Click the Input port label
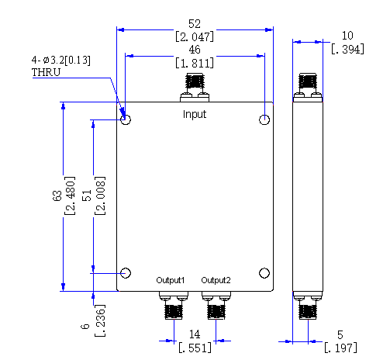click(x=195, y=114)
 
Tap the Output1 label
click(x=171, y=280)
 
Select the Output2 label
click(x=216, y=280)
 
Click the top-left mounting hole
click(x=126, y=119)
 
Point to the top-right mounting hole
click(x=264, y=119)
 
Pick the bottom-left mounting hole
click(x=126, y=273)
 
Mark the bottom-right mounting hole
click(x=264, y=273)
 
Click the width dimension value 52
click(x=195, y=24)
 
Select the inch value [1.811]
click(x=195, y=63)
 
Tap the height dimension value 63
click(x=57, y=196)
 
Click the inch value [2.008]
click(x=100, y=196)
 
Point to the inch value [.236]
click(x=100, y=320)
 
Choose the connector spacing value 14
click(x=195, y=334)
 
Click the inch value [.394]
click(x=347, y=49)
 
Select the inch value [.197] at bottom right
click(x=341, y=348)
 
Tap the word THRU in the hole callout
click(x=46, y=72)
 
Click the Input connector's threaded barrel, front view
click(x=195, y=81)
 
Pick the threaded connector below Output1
click(x=174, y=312)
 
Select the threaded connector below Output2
click(x=216, y=312)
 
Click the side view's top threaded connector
click(x=308, y=81)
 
